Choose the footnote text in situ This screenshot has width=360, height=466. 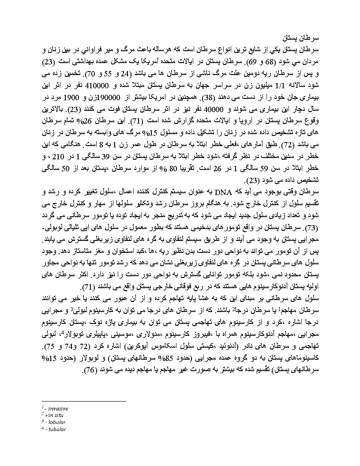[57, 415]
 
